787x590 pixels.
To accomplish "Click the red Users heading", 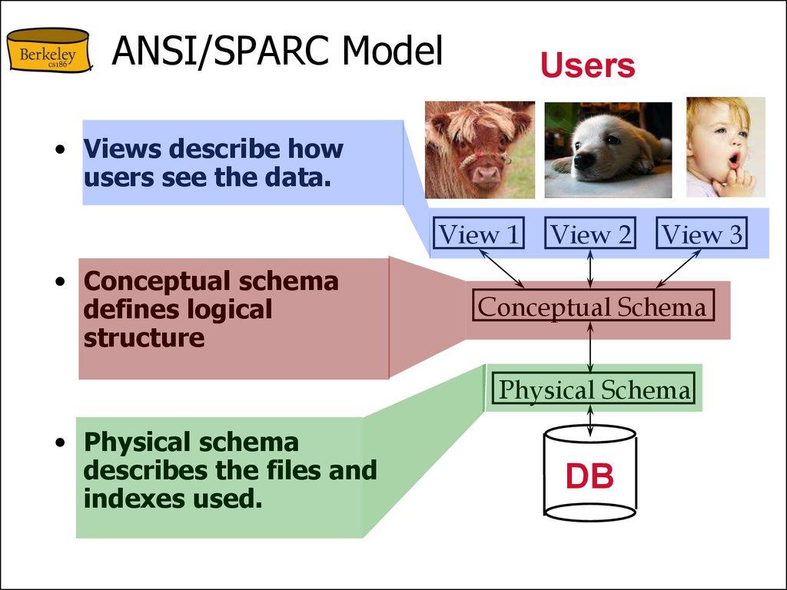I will pos(587,66).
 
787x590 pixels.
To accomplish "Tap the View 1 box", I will pos(479,234).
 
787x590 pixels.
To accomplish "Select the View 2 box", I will pos(590,234).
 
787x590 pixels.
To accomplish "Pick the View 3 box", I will pos(702,234).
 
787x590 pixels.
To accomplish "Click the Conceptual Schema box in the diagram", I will pos(591,307).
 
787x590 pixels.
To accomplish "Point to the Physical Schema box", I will pos(594,390).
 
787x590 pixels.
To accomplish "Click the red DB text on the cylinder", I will pos(589,477).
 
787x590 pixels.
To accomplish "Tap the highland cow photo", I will pos(480,150).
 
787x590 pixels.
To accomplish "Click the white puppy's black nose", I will pos(585,161).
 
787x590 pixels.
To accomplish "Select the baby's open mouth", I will pos(734,160).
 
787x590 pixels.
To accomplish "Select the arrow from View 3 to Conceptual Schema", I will pos(676,267).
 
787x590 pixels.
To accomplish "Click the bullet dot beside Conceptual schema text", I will pos(60,282).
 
